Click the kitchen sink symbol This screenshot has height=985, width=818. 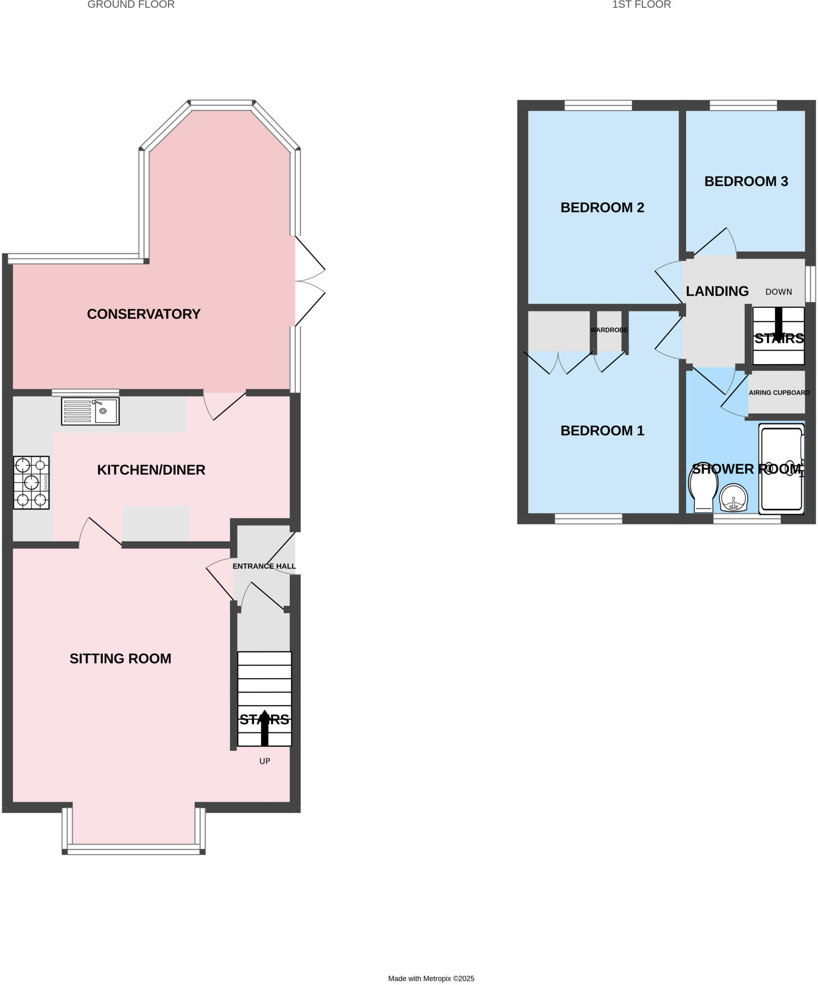coord(90,411)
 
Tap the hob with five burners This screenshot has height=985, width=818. coord(31,482)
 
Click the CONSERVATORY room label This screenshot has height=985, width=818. coord(143,314)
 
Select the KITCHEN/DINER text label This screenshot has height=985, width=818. coord(151,470)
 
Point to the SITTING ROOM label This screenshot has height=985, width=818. coord(120,658)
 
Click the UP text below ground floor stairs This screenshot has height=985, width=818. coord(264,761)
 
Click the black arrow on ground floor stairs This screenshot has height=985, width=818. coord(264,728)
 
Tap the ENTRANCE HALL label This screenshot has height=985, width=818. coord(264,566)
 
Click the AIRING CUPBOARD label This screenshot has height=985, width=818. coord(779,392)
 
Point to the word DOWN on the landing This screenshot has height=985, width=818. coord(779,291)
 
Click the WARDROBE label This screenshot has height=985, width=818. coord(609,330)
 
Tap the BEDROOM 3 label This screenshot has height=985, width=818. coord(746,181)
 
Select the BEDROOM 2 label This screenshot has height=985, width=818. coord(602,207)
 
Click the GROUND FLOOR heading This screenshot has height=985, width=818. coord(131,5)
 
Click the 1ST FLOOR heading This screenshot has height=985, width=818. coord(641,5)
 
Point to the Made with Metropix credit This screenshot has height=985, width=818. coord(431,978)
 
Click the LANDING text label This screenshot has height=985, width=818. coord(717,291)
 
